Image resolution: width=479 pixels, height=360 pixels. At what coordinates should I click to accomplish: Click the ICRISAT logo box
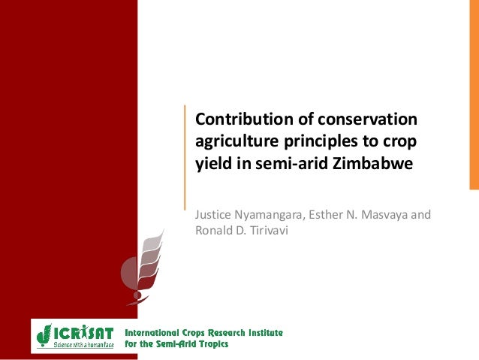pyautogui.click(x=74, y=336)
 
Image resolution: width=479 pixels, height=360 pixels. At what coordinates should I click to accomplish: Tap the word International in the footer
pyautogui.click(x=152, y=332)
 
